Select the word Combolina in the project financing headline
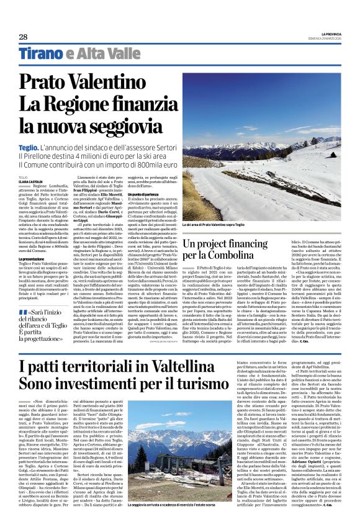click(x=225, y=255)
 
